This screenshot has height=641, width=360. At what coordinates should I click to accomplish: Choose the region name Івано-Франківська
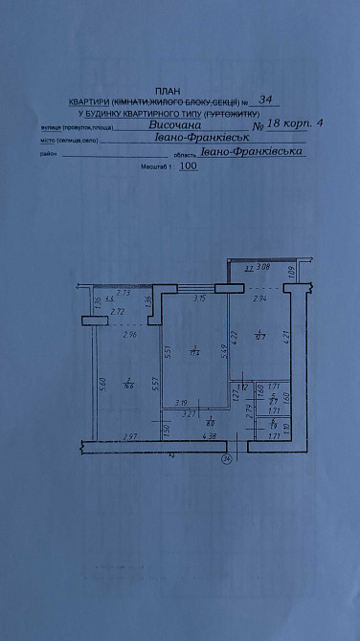tap(252, 151)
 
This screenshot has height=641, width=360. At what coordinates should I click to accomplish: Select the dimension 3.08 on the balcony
tap(265, 269)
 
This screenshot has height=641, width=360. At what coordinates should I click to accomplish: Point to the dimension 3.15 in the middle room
tap(200, 299)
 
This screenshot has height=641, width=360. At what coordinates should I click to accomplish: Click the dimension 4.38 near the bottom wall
tap(210, 437)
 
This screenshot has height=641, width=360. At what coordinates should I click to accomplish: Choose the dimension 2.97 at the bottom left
tap(131, 437)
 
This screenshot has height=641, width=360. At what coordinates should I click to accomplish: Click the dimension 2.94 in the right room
tap(259, 299)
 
